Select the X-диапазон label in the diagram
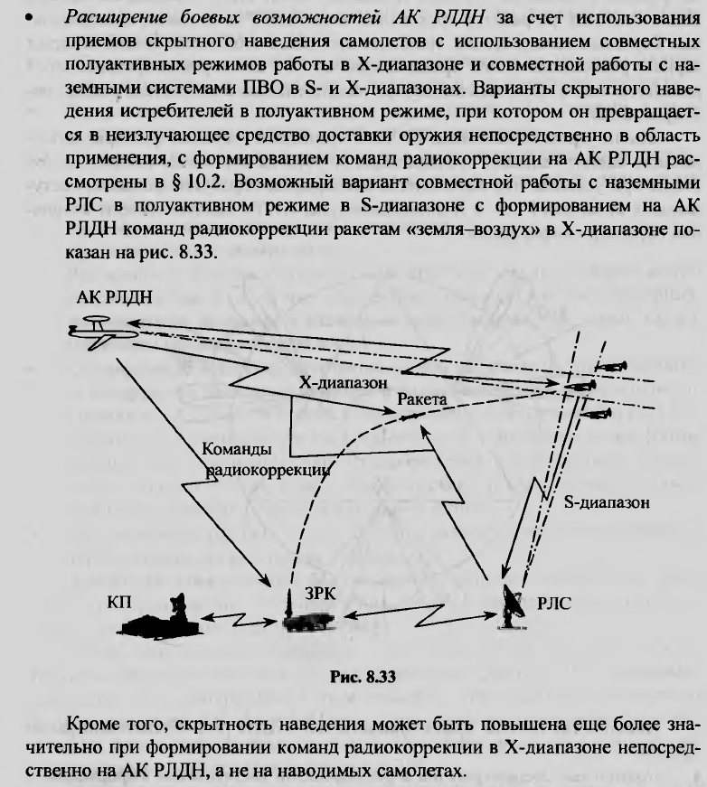(x=344, y=383)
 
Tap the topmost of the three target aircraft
(x=612, y=367)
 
